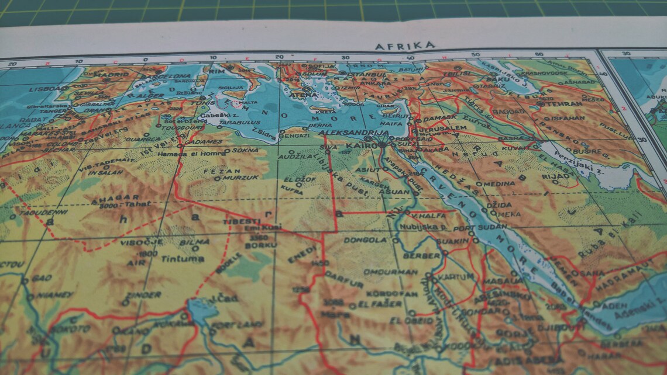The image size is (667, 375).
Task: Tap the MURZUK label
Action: pyautogui.click(x=241, y=177)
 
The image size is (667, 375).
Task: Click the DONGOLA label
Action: pyautogui.click(x=366, y=239)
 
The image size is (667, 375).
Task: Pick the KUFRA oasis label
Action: pyautogui.click(x=292, y=190)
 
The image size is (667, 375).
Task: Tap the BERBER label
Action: pyautogui.click(x=422, y=256)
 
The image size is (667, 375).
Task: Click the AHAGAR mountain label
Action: pyautogui.click(x=115, y=198)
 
